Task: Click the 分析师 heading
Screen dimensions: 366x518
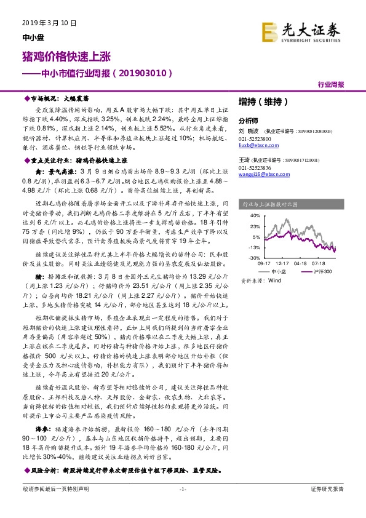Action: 248,121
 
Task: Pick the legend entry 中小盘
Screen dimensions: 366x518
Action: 278,271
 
